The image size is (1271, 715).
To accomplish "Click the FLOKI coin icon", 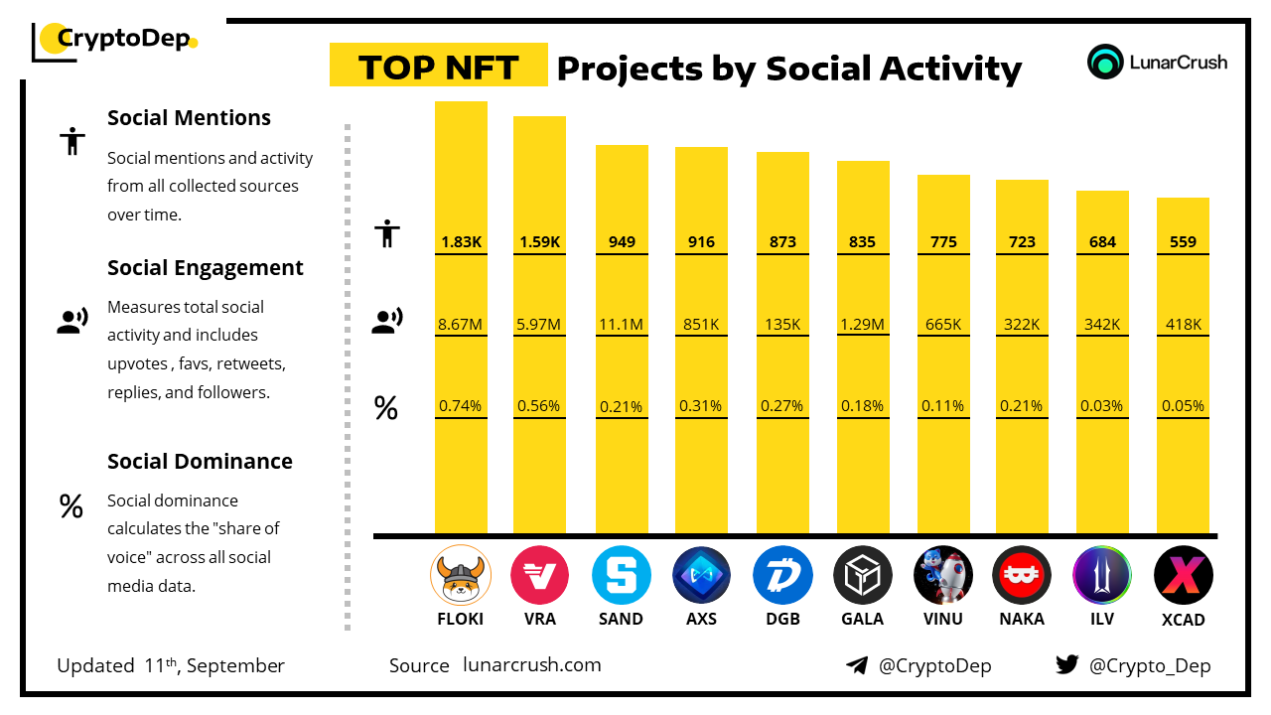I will [461, 576].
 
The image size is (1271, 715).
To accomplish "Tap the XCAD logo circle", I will [1183, 576].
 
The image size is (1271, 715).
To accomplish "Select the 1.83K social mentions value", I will [461, 242].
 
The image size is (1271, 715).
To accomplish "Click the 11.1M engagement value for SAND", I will [622, 324].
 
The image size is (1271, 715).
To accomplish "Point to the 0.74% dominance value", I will [461, 405].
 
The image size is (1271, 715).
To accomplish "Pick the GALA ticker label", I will [863, 619].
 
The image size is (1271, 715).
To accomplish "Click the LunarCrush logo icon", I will [1105, 62].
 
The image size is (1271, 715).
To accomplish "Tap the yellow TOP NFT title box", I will [438, 67].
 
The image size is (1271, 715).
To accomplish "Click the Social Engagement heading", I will [206, 268].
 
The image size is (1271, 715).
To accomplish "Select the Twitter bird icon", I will [1067, 665].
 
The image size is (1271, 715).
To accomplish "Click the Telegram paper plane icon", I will [857, 665].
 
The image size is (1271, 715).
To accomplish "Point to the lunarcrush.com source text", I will [532, 665].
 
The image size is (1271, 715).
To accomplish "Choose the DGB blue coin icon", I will [782, 576].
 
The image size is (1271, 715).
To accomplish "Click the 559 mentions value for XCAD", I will [1183, 242].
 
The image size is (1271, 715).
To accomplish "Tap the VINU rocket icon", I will [942, 576].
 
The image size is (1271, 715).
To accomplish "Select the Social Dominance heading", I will [200, 462].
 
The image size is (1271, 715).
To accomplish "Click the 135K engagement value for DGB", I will [782, 324].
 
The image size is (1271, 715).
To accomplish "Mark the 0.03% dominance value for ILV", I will [1102, 405].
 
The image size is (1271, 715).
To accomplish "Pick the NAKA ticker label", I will [1022, 619].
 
